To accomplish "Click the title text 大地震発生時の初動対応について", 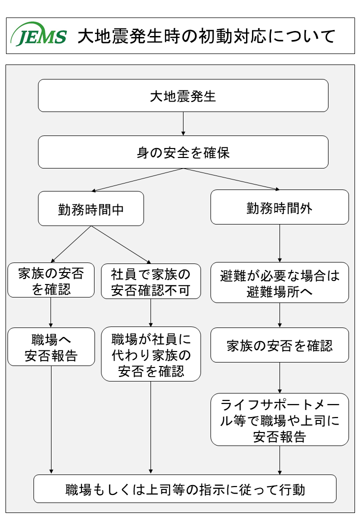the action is [x=206, y=36].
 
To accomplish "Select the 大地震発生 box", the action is [x=183, y=95].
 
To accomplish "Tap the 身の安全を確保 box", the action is [x=183, y=152].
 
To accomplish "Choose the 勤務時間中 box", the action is [x=91, y=208].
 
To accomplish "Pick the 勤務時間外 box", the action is [x=279, y=207].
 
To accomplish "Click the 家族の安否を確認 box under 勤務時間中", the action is [x=50, y=280].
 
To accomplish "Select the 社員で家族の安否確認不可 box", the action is [x=151, y=281].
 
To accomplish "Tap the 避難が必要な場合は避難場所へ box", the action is [x=279, y=282].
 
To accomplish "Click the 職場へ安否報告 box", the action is [x=51, y=347].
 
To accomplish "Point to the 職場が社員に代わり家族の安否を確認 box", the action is [x=151, y=354].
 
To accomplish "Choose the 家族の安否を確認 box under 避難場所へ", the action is [x=279, y=345].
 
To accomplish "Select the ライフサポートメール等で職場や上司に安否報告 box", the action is [x=279, y=419].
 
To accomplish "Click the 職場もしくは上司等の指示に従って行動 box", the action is [x=185, y=489].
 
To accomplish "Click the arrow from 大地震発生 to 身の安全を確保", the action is [x=183, y=123].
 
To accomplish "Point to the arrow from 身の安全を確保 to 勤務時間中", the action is [x=137, y=179].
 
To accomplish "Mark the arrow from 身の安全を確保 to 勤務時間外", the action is [x=231, y=179].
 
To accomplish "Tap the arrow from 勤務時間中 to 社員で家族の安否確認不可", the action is [x=121, y=244].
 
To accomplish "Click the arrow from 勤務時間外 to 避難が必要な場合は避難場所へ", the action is [x=279, y=243].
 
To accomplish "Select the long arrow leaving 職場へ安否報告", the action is [x=51, y=419].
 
